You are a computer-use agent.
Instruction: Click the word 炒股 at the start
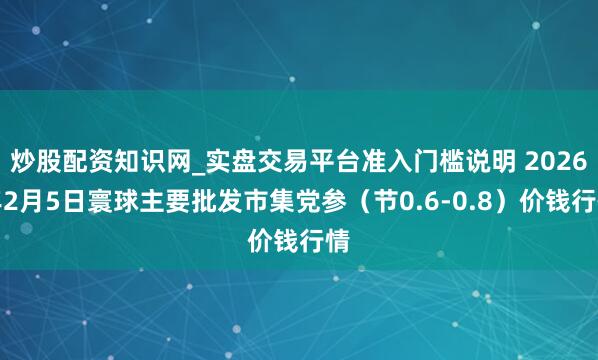tap(32, 159)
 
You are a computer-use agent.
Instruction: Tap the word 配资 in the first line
tap(80, 159)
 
